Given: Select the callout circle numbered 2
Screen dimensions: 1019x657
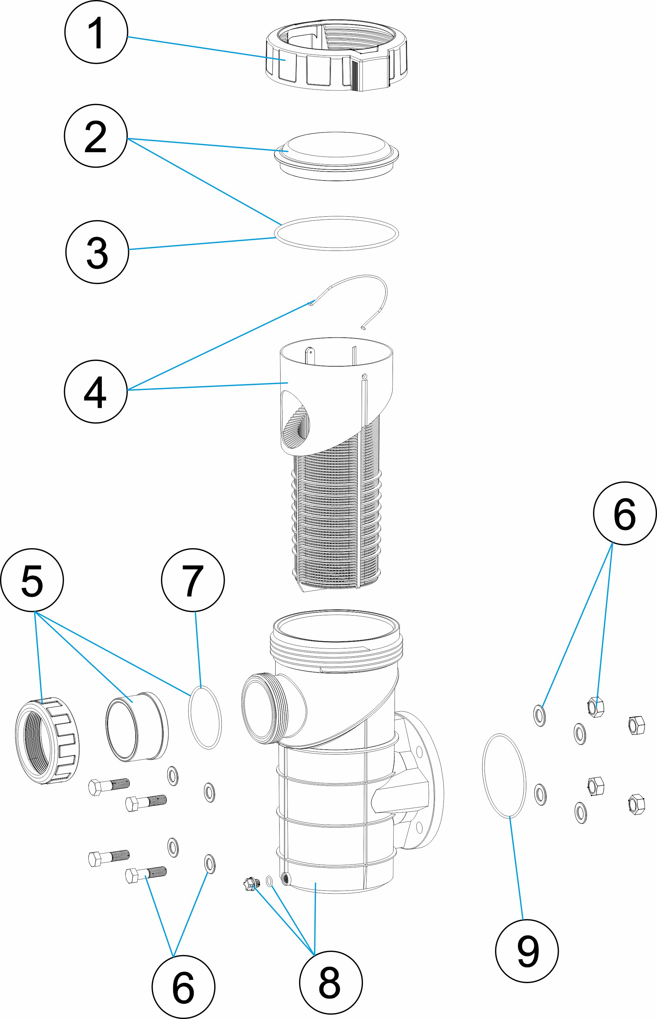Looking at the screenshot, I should point(96,136).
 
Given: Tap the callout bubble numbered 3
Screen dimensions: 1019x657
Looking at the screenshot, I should point(97,252).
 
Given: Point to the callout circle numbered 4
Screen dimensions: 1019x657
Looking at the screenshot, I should point(96,392).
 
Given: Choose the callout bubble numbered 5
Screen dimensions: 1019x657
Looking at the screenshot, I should point(32,580).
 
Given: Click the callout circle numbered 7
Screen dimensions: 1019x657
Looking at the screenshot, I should point(193,580).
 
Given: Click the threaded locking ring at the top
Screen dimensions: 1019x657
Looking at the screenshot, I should point(336,58).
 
